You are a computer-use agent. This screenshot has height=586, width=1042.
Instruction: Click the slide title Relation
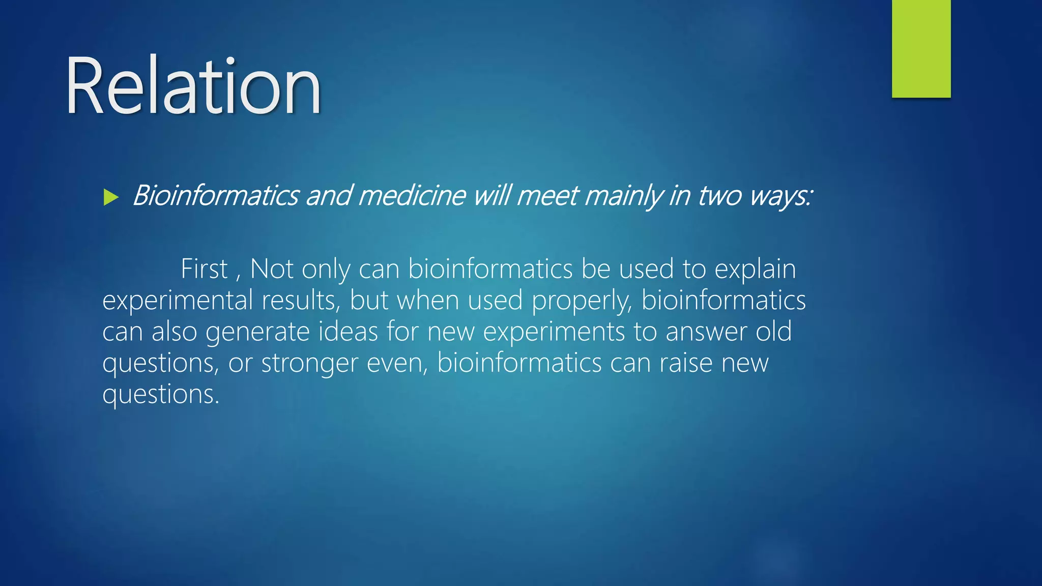pos(193,86)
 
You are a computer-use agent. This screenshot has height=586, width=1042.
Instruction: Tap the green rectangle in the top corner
pos(921,48)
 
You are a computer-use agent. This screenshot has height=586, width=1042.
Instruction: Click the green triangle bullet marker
pos(110,197)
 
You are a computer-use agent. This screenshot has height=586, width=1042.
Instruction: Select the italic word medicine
pos(412,196)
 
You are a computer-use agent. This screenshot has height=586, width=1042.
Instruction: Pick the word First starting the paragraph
pos(204,269)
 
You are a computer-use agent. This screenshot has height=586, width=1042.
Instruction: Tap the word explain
pos(755,270)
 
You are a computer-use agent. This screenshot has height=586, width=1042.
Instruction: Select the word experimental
pos(178,300)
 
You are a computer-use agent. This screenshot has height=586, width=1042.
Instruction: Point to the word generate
pos(257,332)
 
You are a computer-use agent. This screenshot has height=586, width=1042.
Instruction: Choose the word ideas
pos(348,331)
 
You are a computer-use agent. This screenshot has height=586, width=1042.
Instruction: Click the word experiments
pos(554,332)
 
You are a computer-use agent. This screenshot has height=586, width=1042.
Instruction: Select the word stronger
pos(309,364)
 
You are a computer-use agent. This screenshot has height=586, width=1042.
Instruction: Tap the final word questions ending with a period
pos(161,395)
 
